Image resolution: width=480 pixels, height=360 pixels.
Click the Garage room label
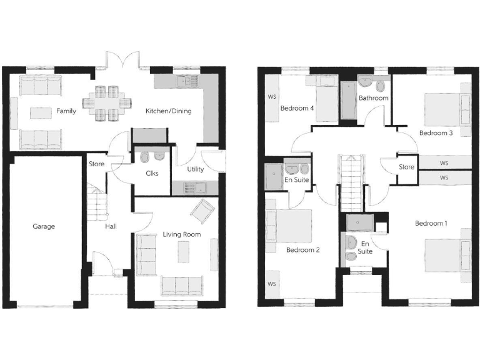44,226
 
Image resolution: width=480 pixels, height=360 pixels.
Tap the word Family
66,111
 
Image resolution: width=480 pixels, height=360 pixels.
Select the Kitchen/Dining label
168,111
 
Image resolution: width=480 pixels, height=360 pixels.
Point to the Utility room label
195,169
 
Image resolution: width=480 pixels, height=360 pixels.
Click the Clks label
152,174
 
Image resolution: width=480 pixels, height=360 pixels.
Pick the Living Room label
181,234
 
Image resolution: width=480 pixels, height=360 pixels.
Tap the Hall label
111,226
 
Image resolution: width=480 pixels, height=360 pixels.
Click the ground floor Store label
96,165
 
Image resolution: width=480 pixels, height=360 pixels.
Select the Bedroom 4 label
297,108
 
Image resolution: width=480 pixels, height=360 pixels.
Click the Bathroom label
373,98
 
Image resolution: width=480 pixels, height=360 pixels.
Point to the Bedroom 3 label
436,132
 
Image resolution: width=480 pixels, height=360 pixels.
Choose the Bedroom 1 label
431,223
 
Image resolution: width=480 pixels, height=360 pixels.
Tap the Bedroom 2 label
302,250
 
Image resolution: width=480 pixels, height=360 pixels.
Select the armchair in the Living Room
203,212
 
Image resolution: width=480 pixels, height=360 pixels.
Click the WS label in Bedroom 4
272,97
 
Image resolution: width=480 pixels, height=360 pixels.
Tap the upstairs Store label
407,167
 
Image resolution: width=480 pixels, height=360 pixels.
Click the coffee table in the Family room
41,112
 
